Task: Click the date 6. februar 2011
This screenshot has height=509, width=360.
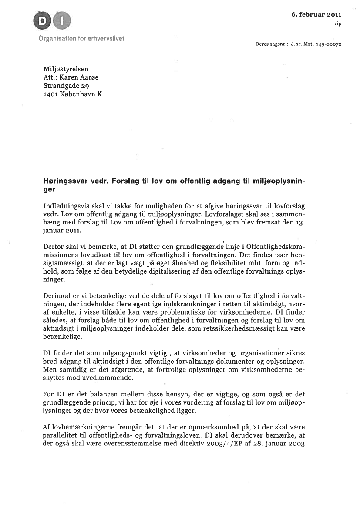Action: pos(316,14)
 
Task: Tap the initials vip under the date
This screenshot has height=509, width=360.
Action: pos(337,23)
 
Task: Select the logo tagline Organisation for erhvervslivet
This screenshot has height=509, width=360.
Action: pos(81,38)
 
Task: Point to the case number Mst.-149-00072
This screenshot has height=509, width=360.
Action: pos(323,44)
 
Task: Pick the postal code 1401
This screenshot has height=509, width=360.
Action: pos(51,94)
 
